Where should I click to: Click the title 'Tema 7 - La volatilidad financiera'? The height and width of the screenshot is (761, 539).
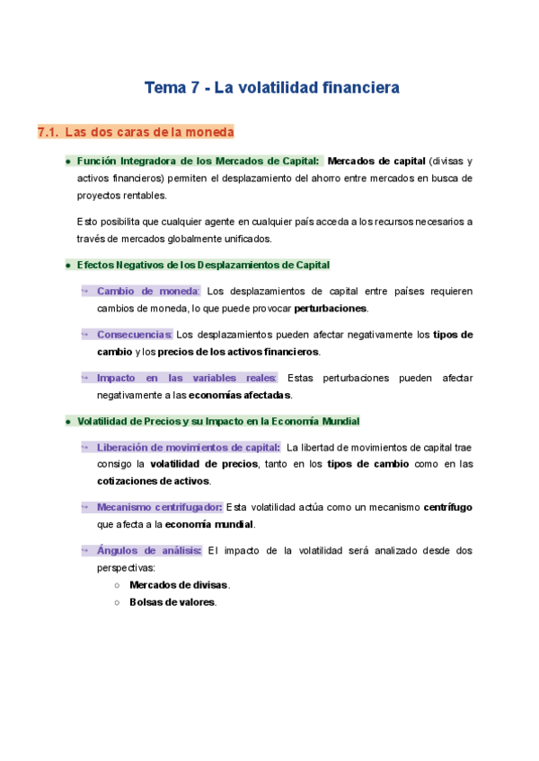(x=271, y=88)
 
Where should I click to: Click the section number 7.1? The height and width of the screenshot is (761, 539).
(x=48, y=133)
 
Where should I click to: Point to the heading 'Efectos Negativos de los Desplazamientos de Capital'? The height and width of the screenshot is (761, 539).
(x=203, y=265)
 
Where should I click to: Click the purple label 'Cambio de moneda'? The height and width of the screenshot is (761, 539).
(x=147, y=292)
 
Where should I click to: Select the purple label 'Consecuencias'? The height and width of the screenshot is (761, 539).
(x=134, y=335)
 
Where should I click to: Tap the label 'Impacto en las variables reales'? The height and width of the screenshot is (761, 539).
(x=187, y=378)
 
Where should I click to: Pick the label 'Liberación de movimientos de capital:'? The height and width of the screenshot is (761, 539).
(x=189, y=447)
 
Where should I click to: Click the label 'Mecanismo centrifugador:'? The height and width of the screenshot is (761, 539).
(x=161, y=507)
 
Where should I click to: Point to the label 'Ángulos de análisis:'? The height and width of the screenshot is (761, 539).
(x=148, y=550)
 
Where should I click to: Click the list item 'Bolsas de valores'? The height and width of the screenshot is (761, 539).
(x=172, y=602)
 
